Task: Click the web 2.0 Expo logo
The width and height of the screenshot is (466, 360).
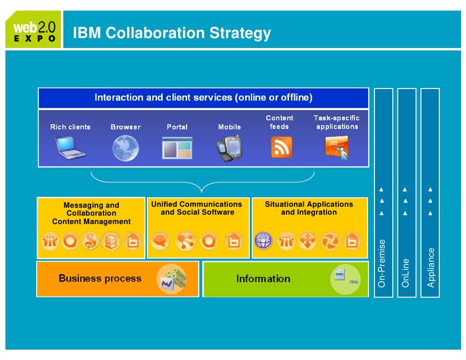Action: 33,30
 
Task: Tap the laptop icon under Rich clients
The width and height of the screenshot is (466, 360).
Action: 70,148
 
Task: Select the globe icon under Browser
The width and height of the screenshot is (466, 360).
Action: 125,148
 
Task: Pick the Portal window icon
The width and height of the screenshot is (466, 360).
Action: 177,148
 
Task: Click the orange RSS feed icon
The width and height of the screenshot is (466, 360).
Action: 281,147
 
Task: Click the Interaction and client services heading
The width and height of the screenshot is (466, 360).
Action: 203,97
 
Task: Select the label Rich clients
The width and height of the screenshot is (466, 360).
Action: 70,127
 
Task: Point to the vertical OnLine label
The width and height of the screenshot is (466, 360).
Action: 406,272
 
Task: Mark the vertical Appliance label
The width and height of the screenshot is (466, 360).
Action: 431,268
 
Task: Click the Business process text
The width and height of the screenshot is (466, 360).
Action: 100,278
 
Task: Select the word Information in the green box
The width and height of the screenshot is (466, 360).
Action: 263,279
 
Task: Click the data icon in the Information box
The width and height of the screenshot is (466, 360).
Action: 344,279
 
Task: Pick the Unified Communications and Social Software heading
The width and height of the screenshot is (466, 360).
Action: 197,208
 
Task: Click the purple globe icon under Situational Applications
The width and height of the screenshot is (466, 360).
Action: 263,241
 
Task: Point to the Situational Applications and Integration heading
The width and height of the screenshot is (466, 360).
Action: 309,208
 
